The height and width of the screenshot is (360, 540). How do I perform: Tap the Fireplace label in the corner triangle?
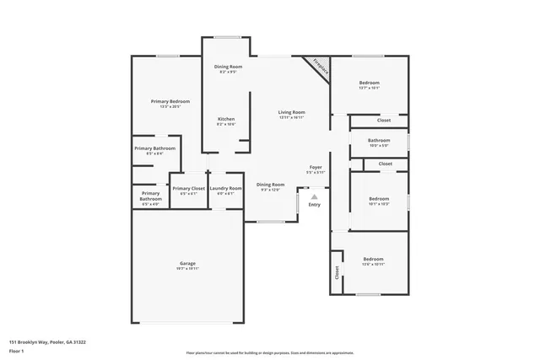[320, 67]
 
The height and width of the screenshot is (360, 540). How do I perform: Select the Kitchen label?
[226, 119]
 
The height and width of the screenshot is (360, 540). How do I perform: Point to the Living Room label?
[292, 112]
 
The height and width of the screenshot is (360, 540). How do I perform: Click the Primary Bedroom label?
[170, 101]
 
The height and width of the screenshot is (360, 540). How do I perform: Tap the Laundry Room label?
[225, 188]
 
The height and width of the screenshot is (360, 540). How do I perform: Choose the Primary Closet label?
[187, 188]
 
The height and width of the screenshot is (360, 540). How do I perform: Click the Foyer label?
[315, 167]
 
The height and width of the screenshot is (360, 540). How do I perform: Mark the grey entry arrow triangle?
[315, 196]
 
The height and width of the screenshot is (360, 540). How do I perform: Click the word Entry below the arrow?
[315, 205]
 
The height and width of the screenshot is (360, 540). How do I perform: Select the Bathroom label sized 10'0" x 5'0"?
[379, 140]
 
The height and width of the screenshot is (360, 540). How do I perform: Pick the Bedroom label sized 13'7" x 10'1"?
[370, 83]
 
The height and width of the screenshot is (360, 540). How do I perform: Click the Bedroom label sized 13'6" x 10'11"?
[373, 259]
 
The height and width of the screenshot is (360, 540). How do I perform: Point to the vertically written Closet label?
[337, 272]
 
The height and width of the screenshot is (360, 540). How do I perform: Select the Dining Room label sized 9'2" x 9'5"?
[228, 67]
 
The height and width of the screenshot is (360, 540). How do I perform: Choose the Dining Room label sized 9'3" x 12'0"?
[271, 185]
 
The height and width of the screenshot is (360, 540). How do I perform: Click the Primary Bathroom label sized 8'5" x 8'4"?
[154, 148]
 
